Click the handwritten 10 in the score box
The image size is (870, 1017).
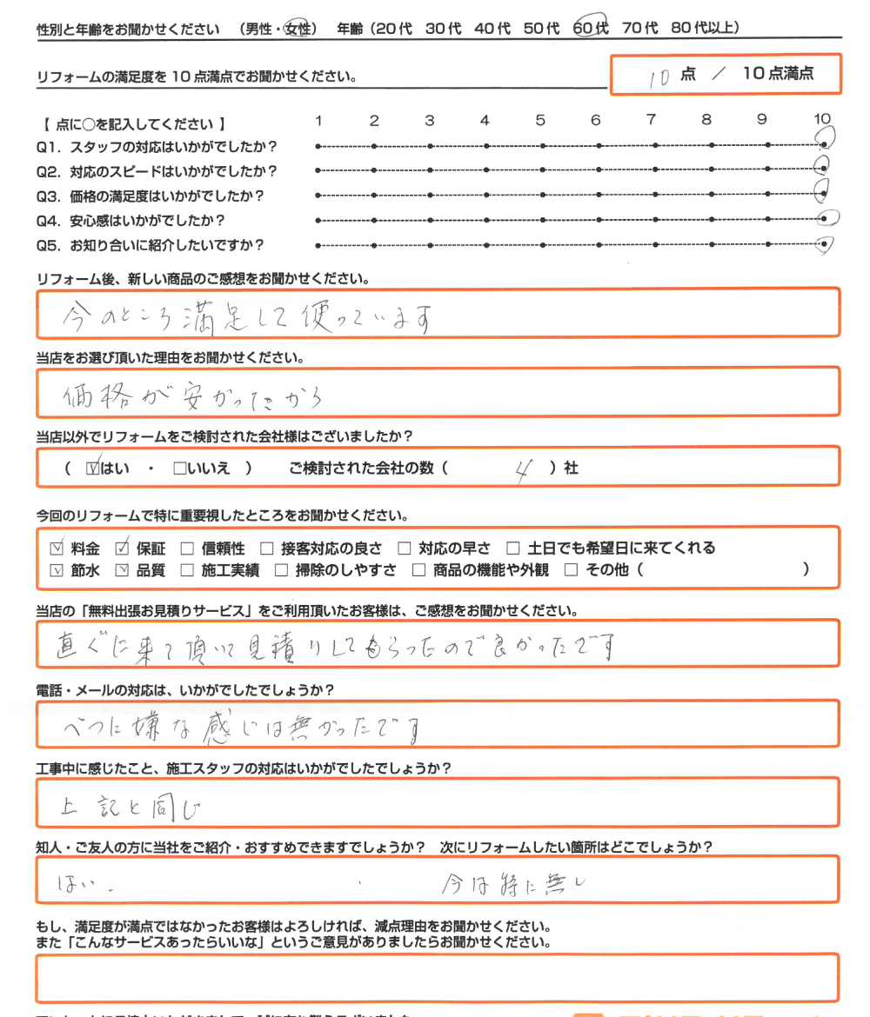point(659,76)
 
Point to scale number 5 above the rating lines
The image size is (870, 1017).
point(540,120)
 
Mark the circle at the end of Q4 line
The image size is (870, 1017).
point(827,219)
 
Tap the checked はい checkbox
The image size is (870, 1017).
point(94,469)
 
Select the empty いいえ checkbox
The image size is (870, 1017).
point(179,469)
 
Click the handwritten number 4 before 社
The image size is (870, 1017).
point(522,469)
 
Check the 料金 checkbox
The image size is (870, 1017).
point(57,548)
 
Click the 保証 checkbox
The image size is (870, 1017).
point(122,548)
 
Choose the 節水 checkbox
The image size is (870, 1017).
point(57,571)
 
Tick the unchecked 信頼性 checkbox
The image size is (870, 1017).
point(186,548)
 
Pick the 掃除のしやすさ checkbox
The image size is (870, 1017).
point(281,571)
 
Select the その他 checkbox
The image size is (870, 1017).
point(571,571)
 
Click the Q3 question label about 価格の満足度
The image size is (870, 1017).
point(150,196)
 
